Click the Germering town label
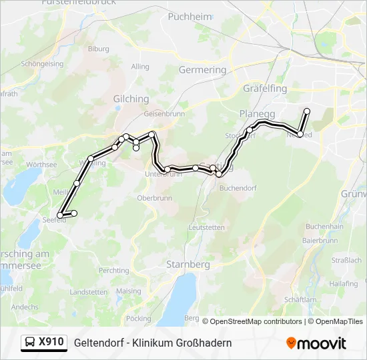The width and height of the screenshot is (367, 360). pyautogui.click(x=203, y=69)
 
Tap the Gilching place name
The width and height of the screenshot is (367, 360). pyautogui.click(x=131, y=99)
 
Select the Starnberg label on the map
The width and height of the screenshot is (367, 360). pyautogui.click(x=188, y=264)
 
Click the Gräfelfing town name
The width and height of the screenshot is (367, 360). pyautogui.click(x=265, y=88)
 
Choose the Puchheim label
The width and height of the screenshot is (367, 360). pyautogui.click(x=186, y=16)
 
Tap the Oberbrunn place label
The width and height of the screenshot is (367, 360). pyautogui.click(x=154, y=198)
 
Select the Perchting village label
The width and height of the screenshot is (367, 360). pyautogui.click(x=113, y=271)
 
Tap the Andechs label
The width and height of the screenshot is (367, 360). pyautogui.click(x=25, y=307)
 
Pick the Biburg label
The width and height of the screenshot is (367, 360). pyautogui.click(x=98, y=49)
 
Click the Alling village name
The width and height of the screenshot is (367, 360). pyautogui.click(x=140, y=67)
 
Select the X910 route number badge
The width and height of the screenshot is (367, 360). pyautogui.click(x=51, y=343)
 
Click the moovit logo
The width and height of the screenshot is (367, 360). pyautogui.click(x=316, y=343)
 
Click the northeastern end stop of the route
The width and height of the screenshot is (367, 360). pyautogui.click(x=307, y=111)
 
